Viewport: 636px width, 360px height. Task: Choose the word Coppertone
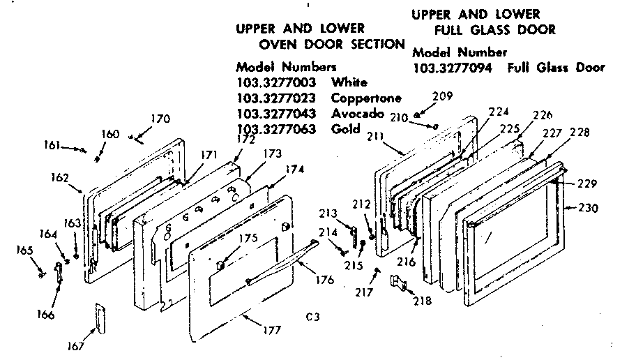point(366,98)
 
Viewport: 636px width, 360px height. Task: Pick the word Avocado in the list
point(358,113)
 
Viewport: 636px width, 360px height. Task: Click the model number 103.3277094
point(452,68)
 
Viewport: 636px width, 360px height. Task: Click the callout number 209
point(442,97)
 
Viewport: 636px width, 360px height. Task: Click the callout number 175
point(248,238)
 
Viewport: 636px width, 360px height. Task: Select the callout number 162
point(59,177)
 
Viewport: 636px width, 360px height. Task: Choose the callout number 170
point(160,119)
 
